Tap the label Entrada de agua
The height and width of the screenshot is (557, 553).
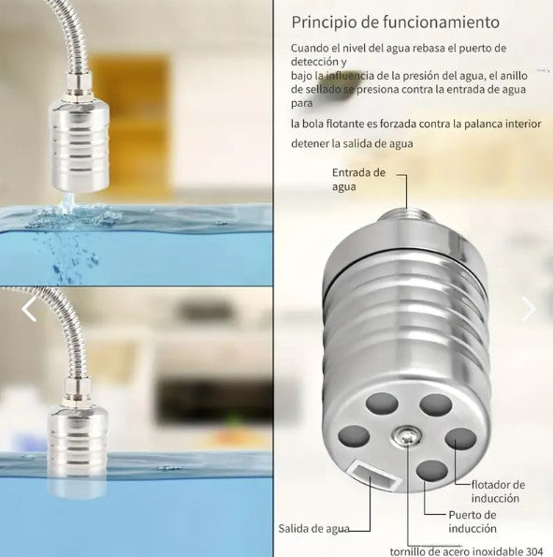coord(359,179)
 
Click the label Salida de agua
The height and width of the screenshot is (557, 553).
coord(313,528)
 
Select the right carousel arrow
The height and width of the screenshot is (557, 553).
coord(529,308)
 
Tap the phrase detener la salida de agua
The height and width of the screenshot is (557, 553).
coord(351,143)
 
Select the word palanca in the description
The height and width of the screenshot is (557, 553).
coord(465,123)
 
